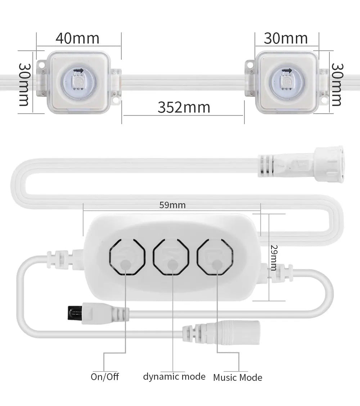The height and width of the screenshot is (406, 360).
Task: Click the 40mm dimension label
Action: click(77, 38)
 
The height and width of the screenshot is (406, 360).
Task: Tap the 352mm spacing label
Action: click(184, 107)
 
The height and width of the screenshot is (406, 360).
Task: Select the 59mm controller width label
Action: click(172, 205)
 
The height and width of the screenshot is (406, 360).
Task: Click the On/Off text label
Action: click(104, 377)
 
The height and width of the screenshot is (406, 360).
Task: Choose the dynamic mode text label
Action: click(174, 377)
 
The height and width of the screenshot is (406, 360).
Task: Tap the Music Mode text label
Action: click(238, 377)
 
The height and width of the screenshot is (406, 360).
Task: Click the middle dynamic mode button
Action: click(171, 257)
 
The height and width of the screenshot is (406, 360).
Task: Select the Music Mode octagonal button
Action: click(215, 257)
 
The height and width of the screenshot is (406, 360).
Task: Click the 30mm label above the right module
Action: click(285, 38)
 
